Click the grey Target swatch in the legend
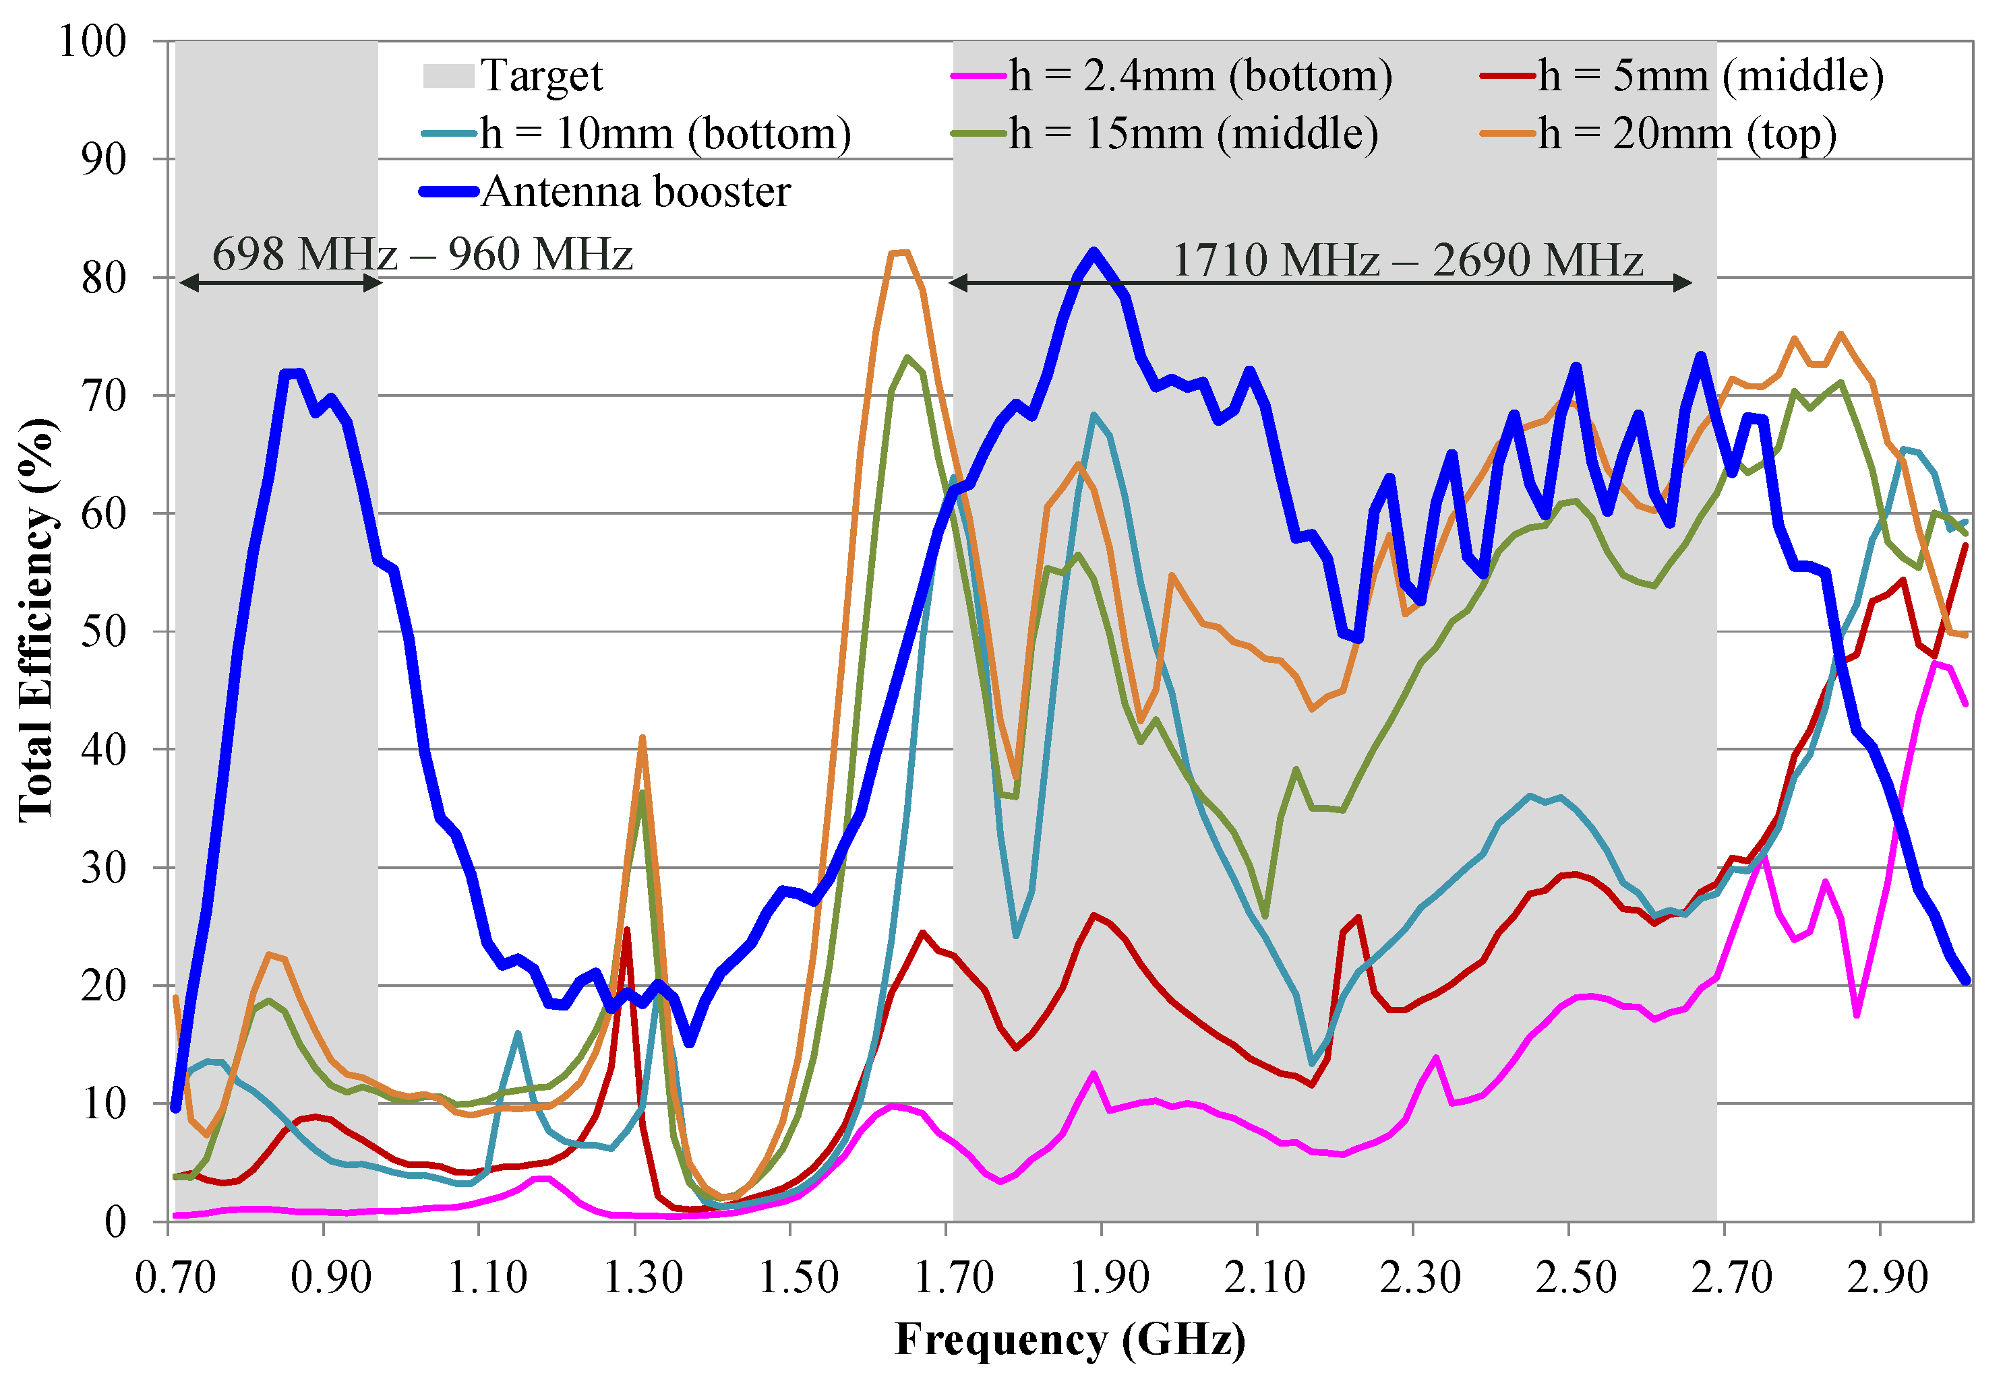448,76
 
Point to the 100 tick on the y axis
92,42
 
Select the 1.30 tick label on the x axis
642,1278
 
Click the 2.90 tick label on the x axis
1887,1278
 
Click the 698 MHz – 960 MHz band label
423,255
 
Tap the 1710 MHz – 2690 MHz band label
1407,261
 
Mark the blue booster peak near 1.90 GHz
1094,252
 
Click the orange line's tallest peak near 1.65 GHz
899,253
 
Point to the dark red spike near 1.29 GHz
627,930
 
